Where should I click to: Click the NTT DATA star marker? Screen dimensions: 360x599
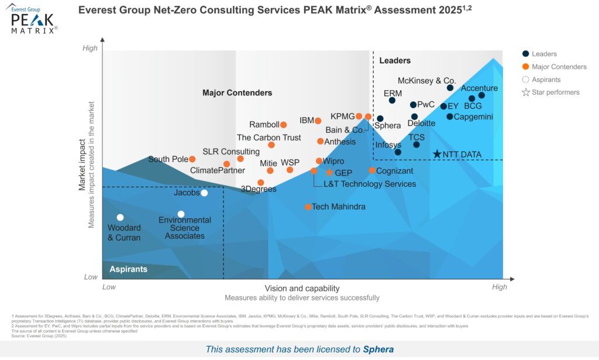point(437,154)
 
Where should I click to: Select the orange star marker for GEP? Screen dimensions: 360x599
point(329,173)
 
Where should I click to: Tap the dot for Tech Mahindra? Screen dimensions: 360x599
point(308,207)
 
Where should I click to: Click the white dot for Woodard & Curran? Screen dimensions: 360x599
point(120,217)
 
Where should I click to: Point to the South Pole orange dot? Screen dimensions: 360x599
point(192,159)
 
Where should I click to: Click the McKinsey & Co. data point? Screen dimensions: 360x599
point(450,88)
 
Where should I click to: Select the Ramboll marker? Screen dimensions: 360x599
point(283,125)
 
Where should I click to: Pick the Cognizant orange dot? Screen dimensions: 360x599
point(372,170)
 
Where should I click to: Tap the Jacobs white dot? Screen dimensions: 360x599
point(204,193)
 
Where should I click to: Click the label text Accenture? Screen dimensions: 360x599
point(479,88)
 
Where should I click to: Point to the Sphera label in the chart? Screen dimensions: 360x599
point(387,126)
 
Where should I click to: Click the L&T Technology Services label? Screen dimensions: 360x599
point(370,184)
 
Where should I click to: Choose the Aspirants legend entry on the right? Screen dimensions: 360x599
point(546,80)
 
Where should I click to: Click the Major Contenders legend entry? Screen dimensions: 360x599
point(559,67)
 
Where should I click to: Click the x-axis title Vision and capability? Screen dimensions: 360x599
point(302,288)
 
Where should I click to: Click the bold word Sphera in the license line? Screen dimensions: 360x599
point(378,349)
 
